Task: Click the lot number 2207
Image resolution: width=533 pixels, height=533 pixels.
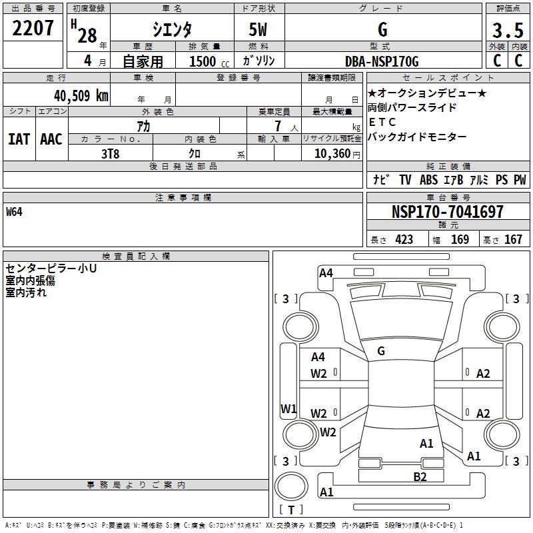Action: (x=33, y=29)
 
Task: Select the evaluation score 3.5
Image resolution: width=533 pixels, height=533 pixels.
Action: (x=507, y=31)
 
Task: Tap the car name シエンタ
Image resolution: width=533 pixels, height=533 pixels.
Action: (x=172, y=29)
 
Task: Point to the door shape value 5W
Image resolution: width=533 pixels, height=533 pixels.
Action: (x=259, y=30)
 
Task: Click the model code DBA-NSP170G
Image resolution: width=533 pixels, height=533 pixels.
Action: (x=382, y=61)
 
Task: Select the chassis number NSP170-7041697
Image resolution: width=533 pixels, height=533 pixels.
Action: (x=448, y=212)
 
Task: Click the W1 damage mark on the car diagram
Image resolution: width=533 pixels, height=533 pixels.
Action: (x=288, y=408)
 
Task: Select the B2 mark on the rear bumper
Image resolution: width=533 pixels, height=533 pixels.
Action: (x=419, y=476)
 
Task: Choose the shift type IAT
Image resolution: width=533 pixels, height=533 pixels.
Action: (x=19, y=139)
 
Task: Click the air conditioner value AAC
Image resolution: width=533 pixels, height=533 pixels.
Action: (x=51, y=139)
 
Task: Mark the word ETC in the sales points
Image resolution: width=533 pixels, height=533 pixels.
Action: (x=382, y=122)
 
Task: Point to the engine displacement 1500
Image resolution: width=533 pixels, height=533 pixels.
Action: (x=203, y=61)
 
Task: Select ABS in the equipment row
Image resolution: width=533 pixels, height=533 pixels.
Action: (x=428, y=180)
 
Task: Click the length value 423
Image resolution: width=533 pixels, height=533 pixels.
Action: (x=404, y=240)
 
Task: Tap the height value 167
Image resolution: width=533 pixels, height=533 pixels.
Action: (x=513, y=240)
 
